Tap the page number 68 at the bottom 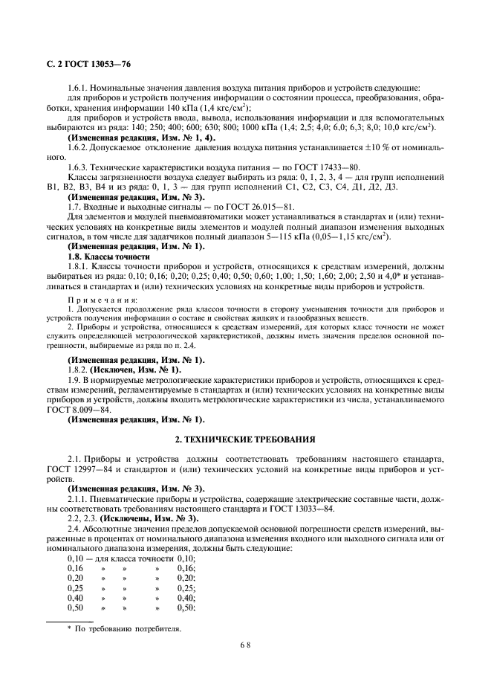coord(246,646)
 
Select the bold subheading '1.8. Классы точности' coord(108,256)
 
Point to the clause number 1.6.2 coord(79,147)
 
